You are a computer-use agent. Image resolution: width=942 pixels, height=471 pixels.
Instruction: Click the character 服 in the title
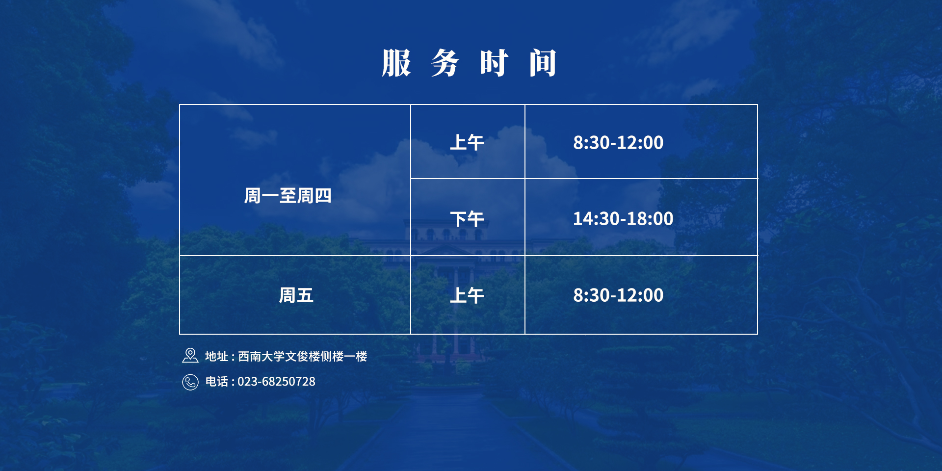(396, 63)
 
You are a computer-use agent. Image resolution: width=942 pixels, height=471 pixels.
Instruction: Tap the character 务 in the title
(445, 63)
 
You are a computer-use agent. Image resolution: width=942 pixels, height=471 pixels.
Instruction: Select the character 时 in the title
(494, 63)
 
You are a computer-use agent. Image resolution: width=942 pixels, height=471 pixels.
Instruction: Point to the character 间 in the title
(543, 63)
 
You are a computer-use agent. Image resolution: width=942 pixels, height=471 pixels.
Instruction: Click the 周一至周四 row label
(288, 196)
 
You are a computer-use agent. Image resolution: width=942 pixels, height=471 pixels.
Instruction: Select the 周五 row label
(296, 295)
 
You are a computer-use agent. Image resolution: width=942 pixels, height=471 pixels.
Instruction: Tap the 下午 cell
(467, 219)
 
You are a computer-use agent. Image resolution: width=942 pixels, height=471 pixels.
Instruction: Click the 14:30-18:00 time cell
(623, 219)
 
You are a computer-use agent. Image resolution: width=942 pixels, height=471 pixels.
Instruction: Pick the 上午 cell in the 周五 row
(467, 295)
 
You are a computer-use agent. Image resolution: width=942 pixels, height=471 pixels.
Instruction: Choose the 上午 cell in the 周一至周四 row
(467, 143)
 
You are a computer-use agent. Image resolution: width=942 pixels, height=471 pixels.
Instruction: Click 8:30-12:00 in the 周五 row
(618, 295)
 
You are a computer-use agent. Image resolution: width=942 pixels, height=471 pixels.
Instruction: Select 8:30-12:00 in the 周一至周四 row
(618, 143)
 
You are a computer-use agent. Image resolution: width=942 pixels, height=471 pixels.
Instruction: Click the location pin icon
(190, 356)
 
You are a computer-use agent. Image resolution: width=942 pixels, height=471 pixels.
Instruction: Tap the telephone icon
(190, 382)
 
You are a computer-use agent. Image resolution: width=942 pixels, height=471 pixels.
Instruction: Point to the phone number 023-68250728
(276, 382)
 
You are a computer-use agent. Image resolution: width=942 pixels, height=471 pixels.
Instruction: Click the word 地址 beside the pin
(216, 356)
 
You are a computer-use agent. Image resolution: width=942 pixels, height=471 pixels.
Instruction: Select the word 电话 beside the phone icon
(216, 382)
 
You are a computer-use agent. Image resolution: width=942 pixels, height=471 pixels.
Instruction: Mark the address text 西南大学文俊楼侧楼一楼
(303, 356)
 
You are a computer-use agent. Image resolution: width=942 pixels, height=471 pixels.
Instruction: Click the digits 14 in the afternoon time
(582, 219)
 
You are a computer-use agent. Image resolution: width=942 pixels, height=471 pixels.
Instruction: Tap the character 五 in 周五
(305, 295)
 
